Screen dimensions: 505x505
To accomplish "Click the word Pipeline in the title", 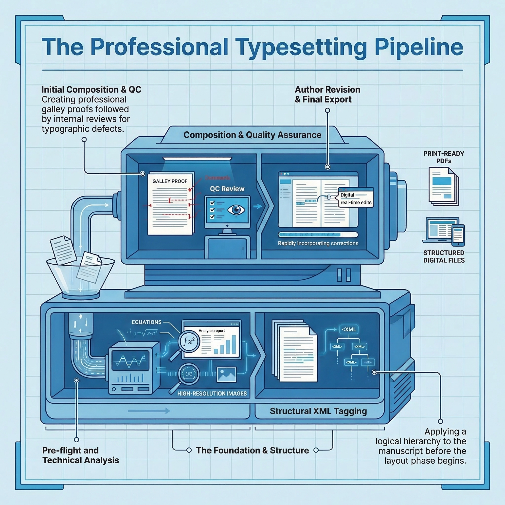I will click(x=419, y=47).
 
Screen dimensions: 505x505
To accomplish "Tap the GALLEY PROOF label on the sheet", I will click(x=170, y=181).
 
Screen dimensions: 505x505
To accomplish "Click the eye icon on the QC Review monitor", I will click(x=236, y=210).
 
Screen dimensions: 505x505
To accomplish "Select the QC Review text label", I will click(x=227, y=189).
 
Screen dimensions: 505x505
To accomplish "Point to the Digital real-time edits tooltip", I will click(x=356, y=199).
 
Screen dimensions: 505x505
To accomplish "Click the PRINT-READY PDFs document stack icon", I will click(x=444, y=186).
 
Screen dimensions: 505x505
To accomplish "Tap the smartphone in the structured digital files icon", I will click(x=458, y=235).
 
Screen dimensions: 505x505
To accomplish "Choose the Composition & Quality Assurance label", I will click(x=252, y=135).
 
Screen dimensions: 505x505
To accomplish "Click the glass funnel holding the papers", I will click(x=80, y=277).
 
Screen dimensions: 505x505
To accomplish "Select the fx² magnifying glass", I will click(x=189, y=342).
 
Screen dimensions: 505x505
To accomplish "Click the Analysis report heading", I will click(x=212, y=331).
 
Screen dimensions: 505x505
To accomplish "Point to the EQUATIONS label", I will click(x=146, y=322).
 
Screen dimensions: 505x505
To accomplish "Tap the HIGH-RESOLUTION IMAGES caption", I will click(x=212, y=393).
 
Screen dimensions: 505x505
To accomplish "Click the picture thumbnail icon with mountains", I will click(x=227, y=375).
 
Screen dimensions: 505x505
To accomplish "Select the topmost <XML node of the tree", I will click(x=349, y=329).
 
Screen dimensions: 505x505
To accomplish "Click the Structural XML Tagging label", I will click(x=318, y=411).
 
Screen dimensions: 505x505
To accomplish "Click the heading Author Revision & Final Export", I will click(x=327, y=94).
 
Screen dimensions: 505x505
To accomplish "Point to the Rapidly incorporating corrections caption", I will click(x=318, y=243).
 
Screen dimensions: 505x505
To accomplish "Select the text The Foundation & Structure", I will click(x=252, y=450).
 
